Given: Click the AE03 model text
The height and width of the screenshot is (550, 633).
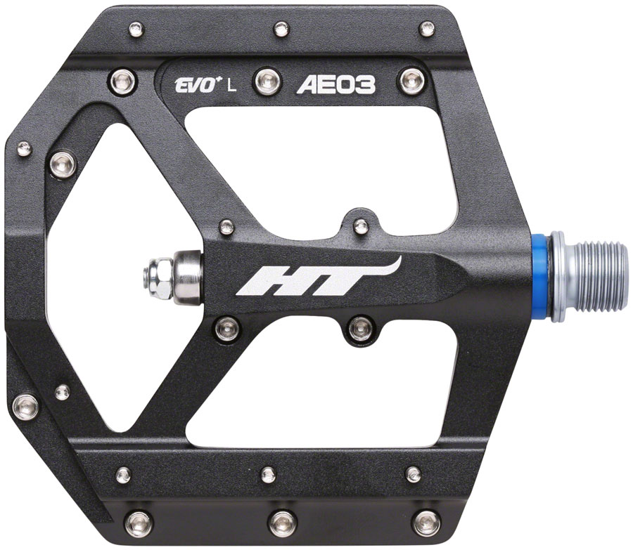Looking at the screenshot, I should (336, 86).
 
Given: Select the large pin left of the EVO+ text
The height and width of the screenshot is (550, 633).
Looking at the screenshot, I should (120, 81).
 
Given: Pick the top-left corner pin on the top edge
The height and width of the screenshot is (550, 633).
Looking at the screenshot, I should (136, 30).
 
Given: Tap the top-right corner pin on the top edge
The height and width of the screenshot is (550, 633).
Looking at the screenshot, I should (426, 30).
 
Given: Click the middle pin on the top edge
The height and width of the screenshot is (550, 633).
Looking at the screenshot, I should (281, 30).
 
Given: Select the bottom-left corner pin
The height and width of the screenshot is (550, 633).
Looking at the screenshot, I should (138, 522).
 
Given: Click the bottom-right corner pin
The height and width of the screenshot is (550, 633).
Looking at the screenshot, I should (427, 522).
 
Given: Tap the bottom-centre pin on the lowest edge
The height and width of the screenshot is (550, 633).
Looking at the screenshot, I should (282, 521).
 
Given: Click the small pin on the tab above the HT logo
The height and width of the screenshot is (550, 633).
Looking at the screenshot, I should (360, 226).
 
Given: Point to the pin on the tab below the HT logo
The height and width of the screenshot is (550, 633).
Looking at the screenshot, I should (360, 326).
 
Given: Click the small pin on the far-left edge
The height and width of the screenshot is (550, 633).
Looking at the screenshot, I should (25, 148).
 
